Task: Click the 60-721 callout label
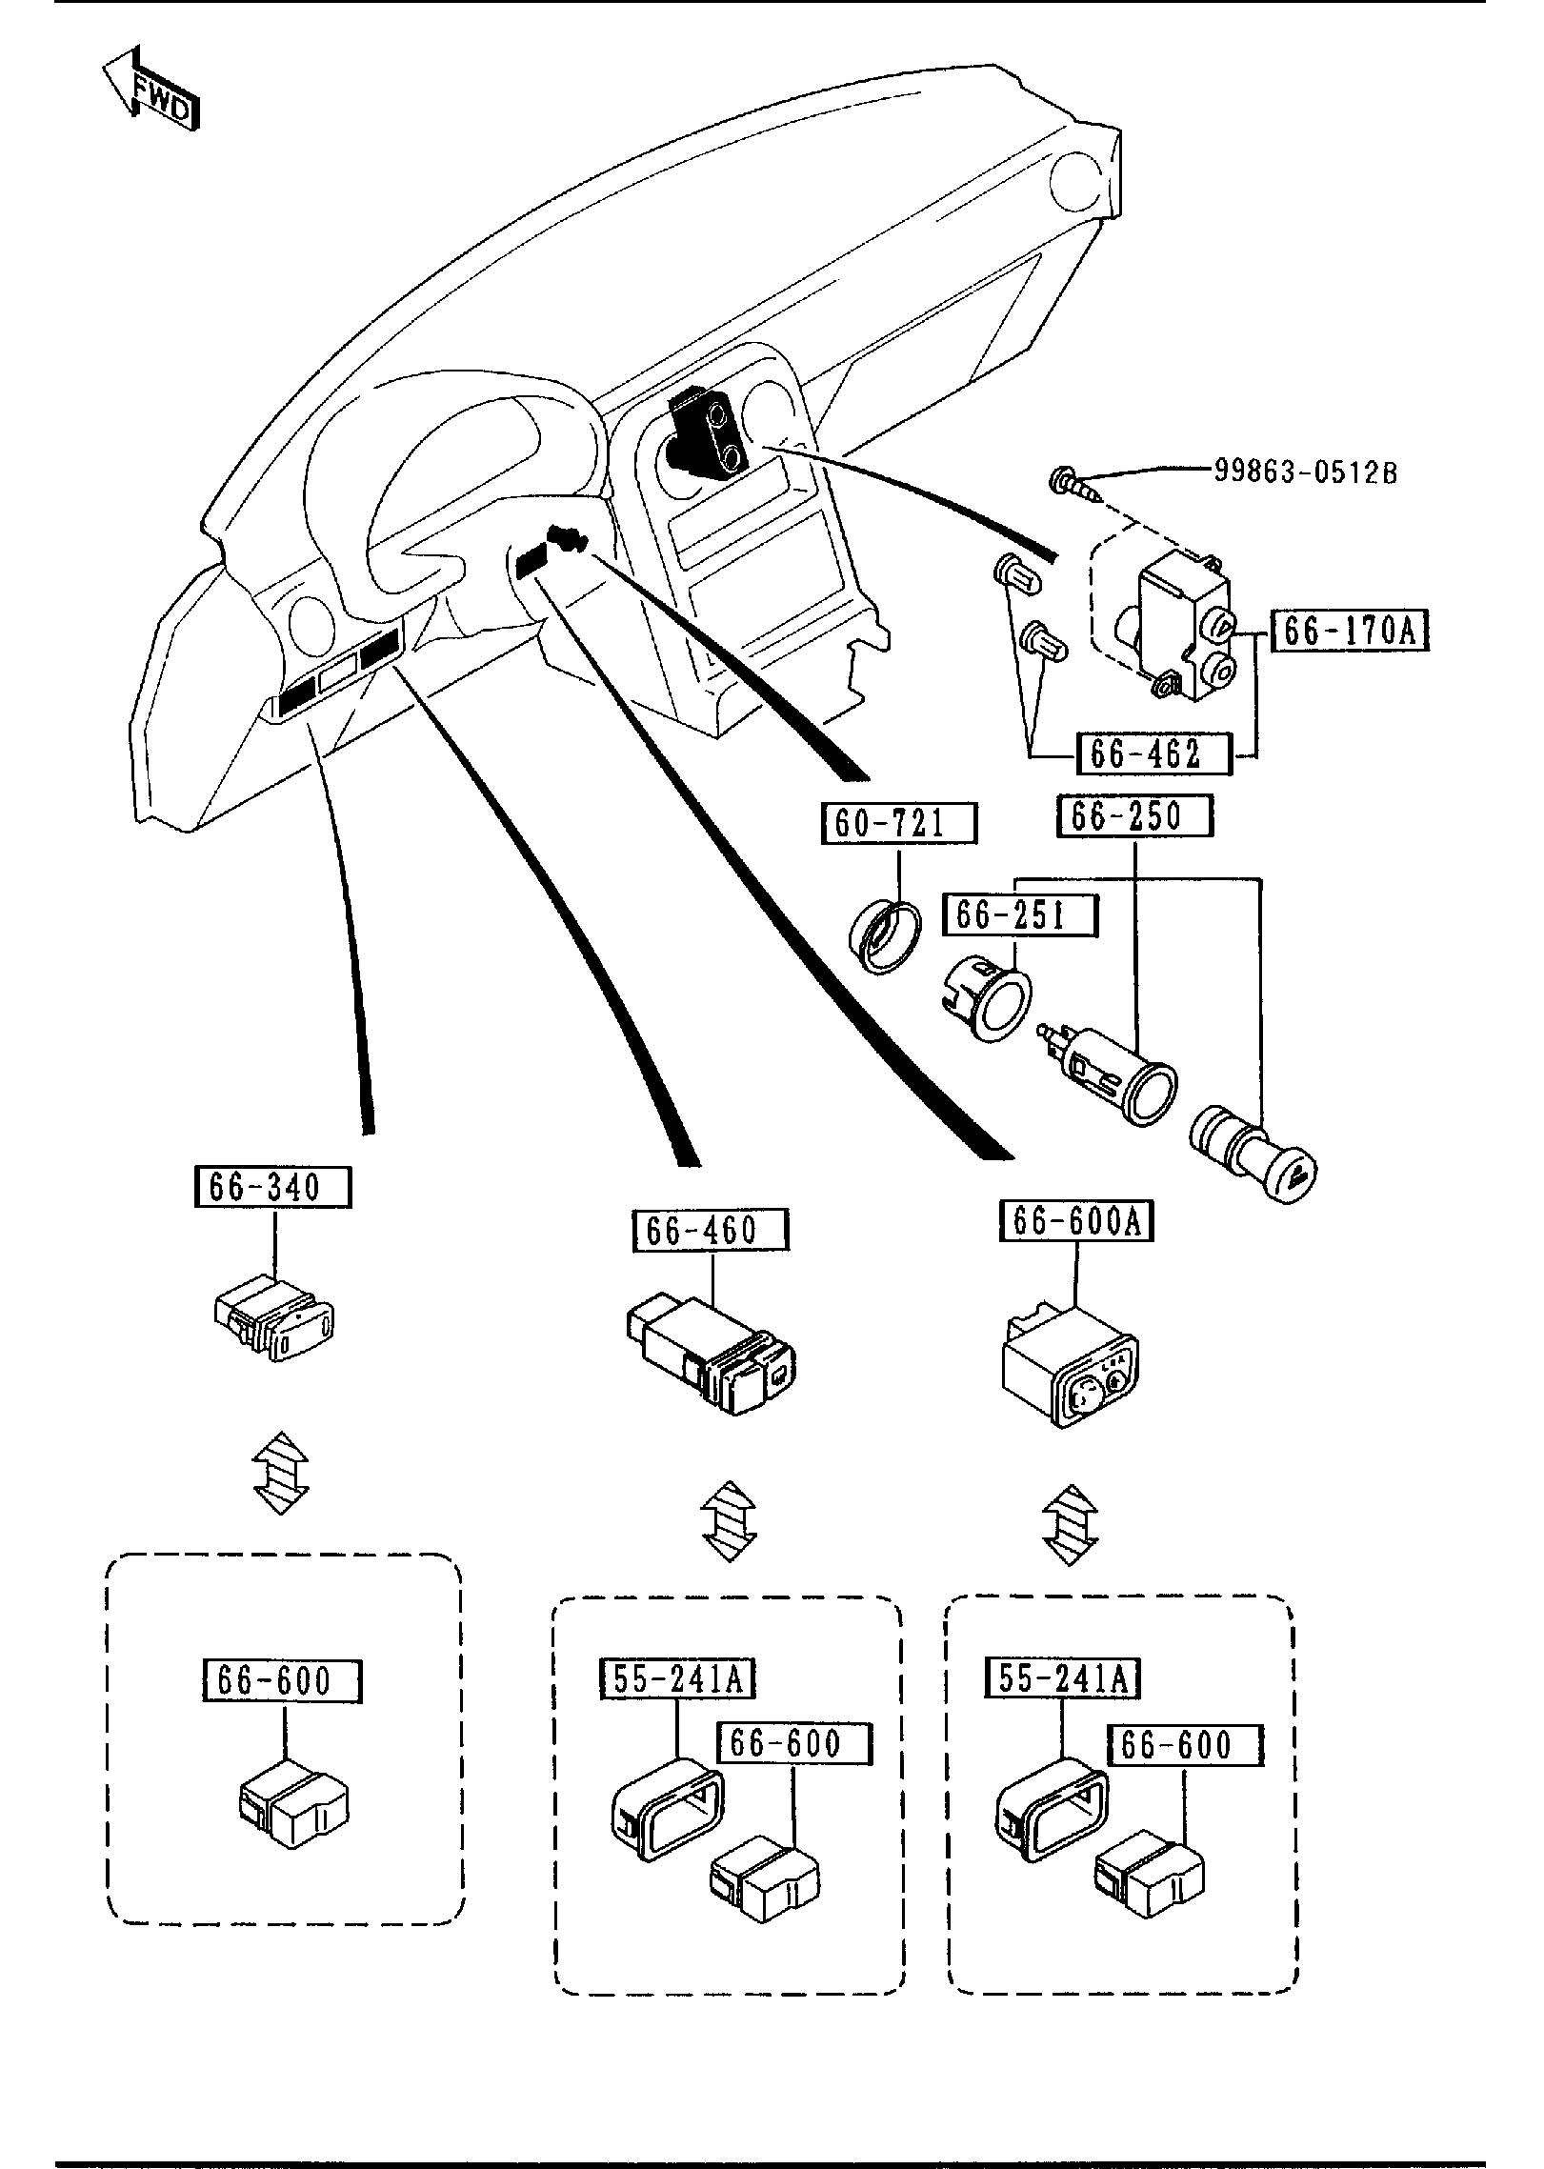(900, 823)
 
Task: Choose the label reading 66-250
(1134, 816)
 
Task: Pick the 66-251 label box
(1020, 915)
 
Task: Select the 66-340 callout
(272, 1188)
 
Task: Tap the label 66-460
(711, 1230)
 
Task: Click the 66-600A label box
(1076, 1221)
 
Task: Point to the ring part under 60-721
(885, 937)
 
